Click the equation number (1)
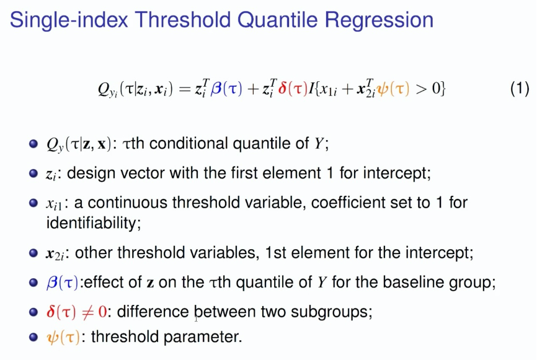520,88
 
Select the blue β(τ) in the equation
226,89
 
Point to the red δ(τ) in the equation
293,89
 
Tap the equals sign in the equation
185,89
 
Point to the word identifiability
93,223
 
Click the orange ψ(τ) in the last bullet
63,337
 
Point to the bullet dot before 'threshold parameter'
33,337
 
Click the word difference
153,312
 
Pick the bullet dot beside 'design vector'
33,173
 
